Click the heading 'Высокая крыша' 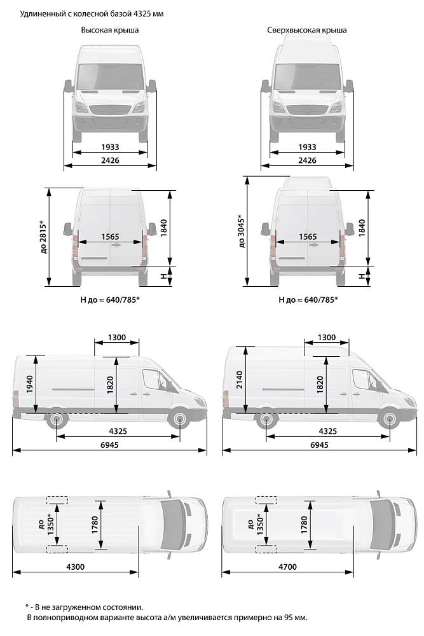point(109,31)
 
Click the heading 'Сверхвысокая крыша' point(307,31)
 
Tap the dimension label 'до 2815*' point(44,237)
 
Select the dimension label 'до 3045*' point(242,232)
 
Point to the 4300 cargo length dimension point(76,567)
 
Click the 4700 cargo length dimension point(287,567)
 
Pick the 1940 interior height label point(30,384)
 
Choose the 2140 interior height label point(239,380)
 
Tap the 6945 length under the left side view point(109,445)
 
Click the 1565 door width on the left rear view point(110,237)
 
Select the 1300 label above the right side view point(327,338)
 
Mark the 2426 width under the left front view point(110,160)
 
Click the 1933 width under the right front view point(307,147)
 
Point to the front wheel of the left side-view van point(179,419)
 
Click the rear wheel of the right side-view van point(266,419)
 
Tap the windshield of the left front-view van point(110,77)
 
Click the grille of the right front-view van point(307,110)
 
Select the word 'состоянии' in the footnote point(123,607)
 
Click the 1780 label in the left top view point(95,525)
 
